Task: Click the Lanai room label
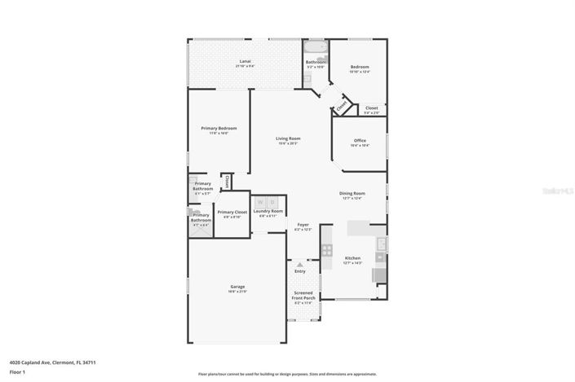[243, 63]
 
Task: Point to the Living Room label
[288, 139]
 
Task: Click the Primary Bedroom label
[219, 129]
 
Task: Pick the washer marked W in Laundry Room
[261, 202]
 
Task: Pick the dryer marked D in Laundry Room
[273, 202]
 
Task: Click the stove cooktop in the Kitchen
[327, 251]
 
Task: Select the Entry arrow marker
[300, 264]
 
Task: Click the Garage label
[237, 286]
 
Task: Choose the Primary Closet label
[232, 212]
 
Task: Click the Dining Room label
[352, 193]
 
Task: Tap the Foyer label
[303, 224]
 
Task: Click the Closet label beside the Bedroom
[371, 108]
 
